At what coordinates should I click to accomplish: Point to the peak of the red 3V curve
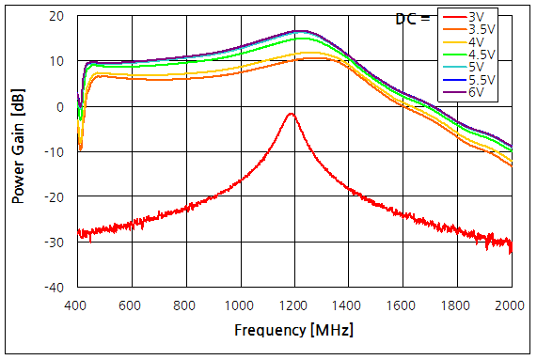(292, 114)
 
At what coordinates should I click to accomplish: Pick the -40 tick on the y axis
(55, 287)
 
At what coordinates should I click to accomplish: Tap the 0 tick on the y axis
(61, 106)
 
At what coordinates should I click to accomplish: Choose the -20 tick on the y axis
(55, 196)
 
